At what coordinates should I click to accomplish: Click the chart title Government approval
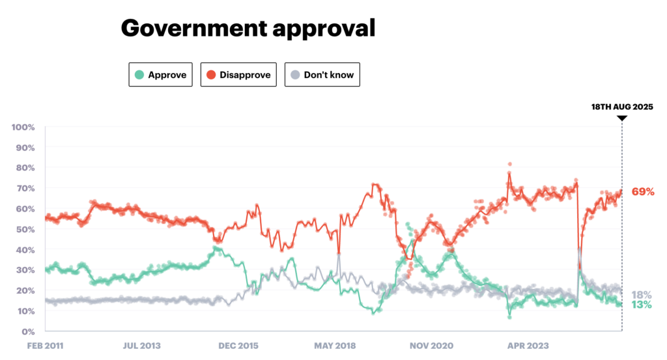tap(248, 28)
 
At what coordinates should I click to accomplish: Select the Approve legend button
tap(160, 75)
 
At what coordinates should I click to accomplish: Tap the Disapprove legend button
tap(238, 75)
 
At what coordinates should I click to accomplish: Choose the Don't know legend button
tap(322, 75)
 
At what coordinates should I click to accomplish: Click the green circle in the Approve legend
tap(139, 75)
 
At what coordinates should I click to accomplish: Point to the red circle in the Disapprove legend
tap(211, 75)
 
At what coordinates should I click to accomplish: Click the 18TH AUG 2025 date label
tap(621, 107)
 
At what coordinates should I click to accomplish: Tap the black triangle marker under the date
tap(621, 118)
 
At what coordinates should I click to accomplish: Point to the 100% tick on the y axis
tap(23, 126)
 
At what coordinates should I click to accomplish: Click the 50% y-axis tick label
tap(25, 229)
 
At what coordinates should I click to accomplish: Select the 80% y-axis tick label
tap(25, 167)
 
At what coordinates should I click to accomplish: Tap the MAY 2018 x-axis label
tap(334, 346)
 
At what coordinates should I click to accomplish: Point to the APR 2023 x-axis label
tap(528, 346)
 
